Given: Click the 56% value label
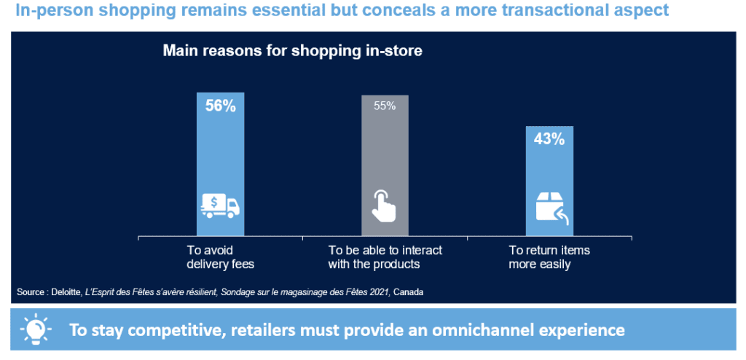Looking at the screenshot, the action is (x=220, y=106).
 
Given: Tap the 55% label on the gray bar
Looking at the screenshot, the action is (x=385, y=106).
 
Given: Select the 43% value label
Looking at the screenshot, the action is (x=549, y=139).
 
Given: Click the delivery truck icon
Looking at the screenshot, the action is (x=220, y=206).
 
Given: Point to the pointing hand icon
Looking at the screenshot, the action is (x=384, y=206).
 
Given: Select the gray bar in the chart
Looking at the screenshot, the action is (x=385, y=165).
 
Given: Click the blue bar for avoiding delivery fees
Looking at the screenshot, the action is (x=220, y=164).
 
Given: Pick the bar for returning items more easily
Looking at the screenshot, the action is (x=549, y=181).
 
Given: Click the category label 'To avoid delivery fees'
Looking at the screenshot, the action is (x=220, y=257).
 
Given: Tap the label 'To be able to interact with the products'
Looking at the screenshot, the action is (x=385, y=257).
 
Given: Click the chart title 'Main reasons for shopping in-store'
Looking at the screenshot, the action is (x=293, y=51).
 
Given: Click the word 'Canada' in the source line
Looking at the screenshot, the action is (x=409, y=292).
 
